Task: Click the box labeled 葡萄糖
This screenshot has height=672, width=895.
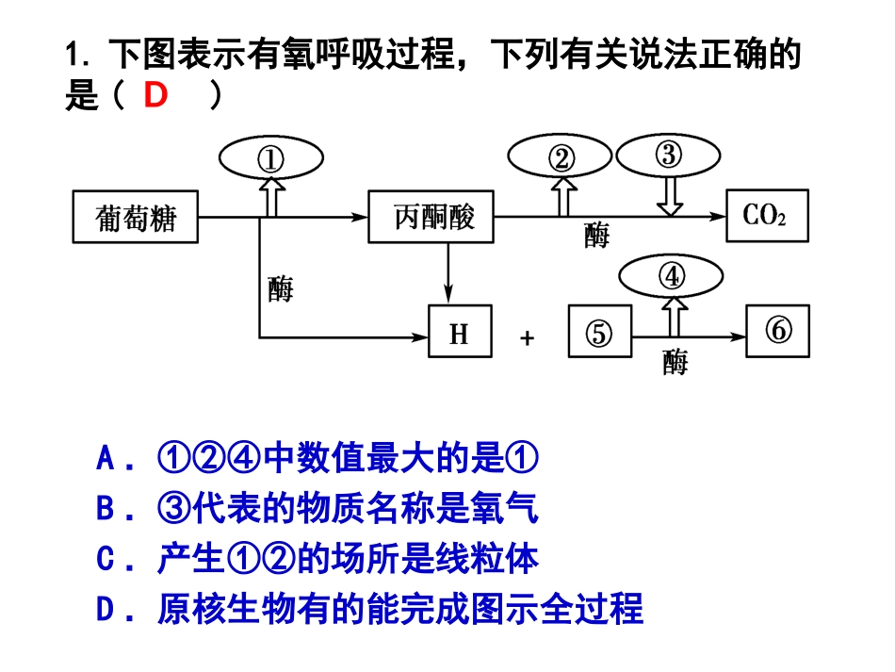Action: pyautogui.click(x=136, y=217)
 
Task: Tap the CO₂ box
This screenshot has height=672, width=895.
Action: pyautogui.click(x=767, y=216)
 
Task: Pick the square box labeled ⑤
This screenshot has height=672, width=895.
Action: pyautogui.click(x=599, y=332)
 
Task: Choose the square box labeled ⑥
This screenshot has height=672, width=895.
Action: pyautogui.click(x=777, y=331)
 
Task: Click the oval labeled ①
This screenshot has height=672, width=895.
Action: pyautogui.click(x=270, y=159)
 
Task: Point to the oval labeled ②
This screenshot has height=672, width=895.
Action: pyautogui.click(x=561, y=158)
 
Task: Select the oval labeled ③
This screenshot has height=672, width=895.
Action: pyautogui.click(x=668, y=154)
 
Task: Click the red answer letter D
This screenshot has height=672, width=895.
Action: pyautogui.click(x=155, y=96)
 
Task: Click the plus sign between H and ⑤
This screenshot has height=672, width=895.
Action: pyautogui.click(x=527, y=337)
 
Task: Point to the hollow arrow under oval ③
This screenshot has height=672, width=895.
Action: pyautogui.click(x=670, y=195)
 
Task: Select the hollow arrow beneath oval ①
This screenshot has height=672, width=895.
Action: pyautogui.click(x=271, y=198)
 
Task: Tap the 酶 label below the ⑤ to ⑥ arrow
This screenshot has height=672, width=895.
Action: pyautogui.click(x=675, y=362)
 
